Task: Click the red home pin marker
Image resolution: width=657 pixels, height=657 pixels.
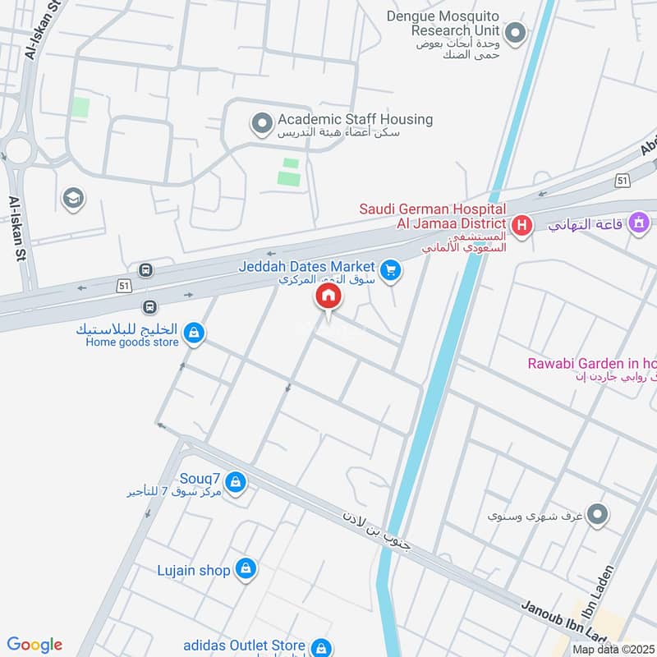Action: tap(328, 297)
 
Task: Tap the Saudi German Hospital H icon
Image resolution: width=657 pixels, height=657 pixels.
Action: tap(520, 224)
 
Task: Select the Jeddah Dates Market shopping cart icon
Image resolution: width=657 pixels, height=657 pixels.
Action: tap(391, 269)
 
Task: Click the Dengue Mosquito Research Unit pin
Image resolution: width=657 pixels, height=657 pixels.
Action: tap(515, 34)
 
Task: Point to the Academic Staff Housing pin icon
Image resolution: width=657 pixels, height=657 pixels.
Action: tap(261, 125)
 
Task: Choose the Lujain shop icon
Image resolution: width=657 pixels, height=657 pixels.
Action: tap(245, 568)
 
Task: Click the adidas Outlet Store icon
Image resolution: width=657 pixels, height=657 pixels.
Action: tap(322, 648)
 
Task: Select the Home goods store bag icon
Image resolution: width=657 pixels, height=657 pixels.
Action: tap(195, 333)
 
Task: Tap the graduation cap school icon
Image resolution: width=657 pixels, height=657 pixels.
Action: tap(73, 198)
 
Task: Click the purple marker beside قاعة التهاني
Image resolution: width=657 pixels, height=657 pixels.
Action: tap(638, 222)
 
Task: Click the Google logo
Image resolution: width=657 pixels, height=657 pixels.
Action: tap(34, 645)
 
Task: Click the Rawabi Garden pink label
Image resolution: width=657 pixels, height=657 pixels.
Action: tap(592, 364)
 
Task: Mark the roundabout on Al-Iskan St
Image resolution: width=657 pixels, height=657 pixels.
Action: tap(16, 149)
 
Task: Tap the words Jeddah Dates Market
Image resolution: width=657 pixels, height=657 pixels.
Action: tap(306, 267)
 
